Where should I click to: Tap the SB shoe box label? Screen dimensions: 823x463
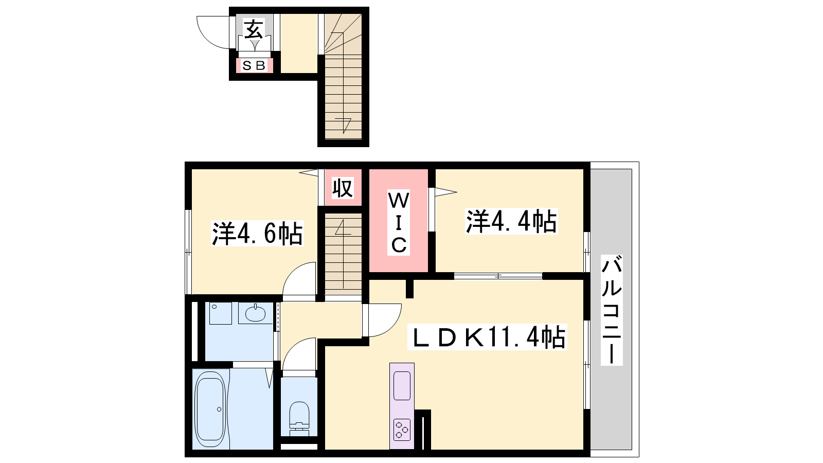[254, 65]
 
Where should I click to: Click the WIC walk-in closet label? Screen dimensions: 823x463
[399, 222]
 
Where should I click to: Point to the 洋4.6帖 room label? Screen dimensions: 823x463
[257, 234]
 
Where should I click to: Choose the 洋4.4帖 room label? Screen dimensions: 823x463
[511, 221]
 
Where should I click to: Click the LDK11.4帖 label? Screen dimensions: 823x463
[487, 336]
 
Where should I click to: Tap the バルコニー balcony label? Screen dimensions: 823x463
[612, 310]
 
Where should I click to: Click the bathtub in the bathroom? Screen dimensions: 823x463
[210, 408]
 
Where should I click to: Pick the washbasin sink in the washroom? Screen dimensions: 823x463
[255, 313]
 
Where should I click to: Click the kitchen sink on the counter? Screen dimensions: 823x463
[402, 385]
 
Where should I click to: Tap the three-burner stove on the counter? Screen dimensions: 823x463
[402, 430]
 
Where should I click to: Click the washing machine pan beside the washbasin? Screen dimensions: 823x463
[221, 313]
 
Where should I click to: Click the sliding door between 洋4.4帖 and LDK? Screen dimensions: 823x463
[498, 276]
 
